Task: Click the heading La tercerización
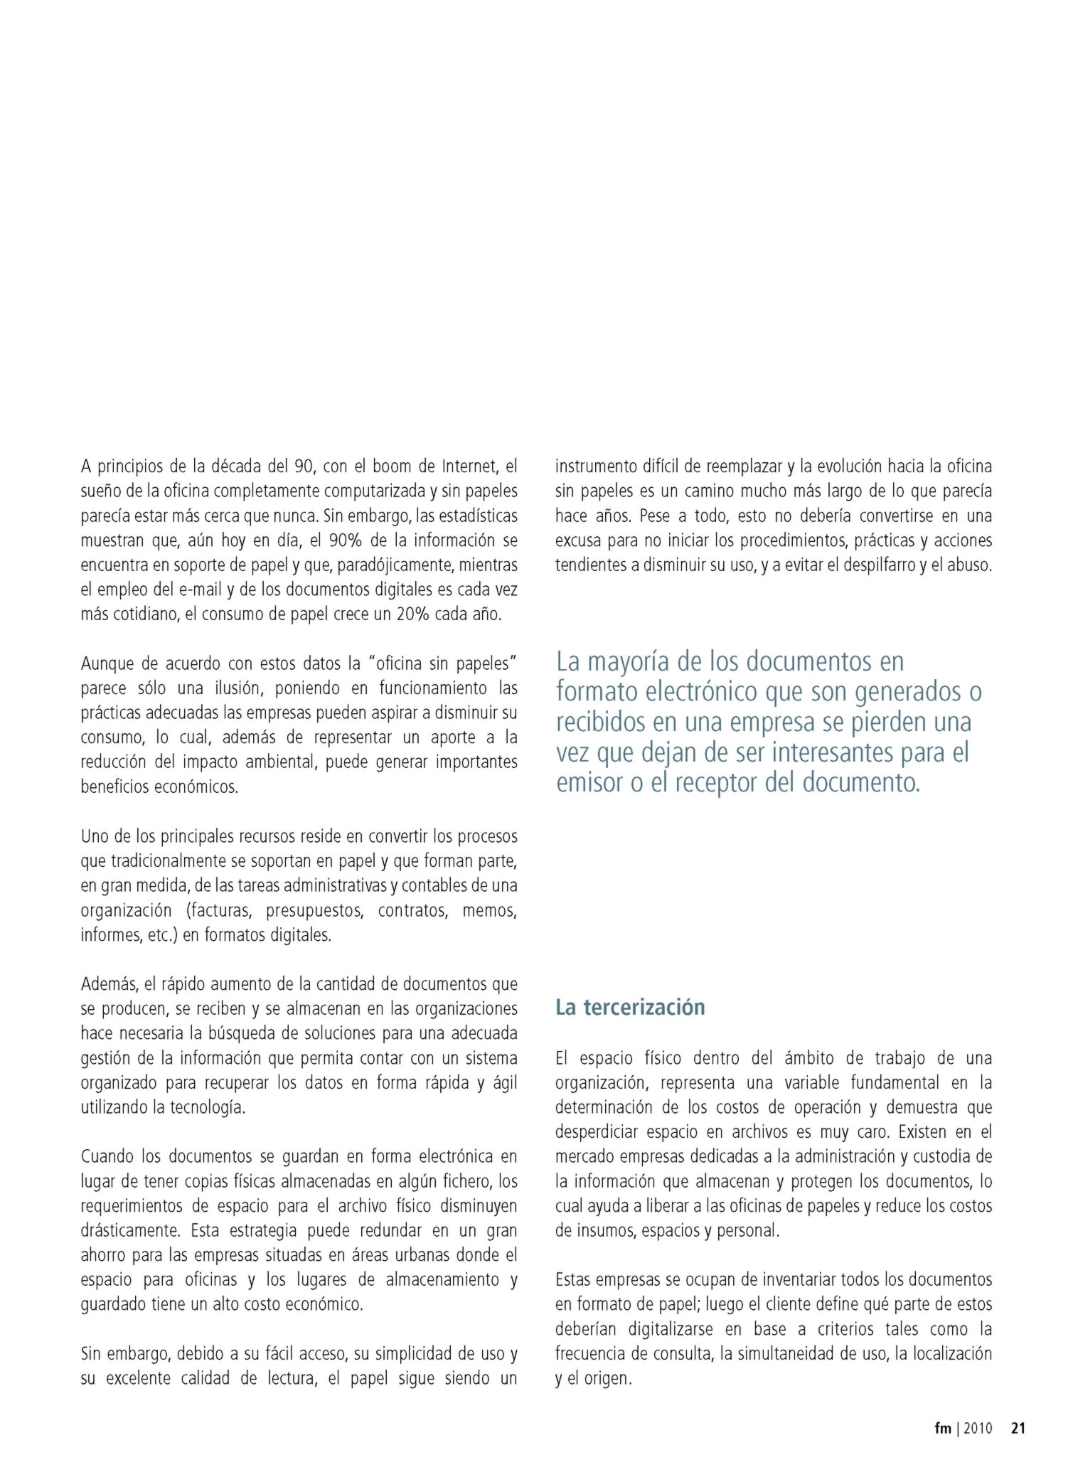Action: point(630,1007)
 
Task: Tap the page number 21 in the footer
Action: point(1018,1428)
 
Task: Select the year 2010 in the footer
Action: point(978,1428)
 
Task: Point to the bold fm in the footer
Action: point(943,1428)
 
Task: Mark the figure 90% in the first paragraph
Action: point(345,540)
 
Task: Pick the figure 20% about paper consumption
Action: point(412,614)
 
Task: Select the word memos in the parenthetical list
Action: point(490,910)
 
